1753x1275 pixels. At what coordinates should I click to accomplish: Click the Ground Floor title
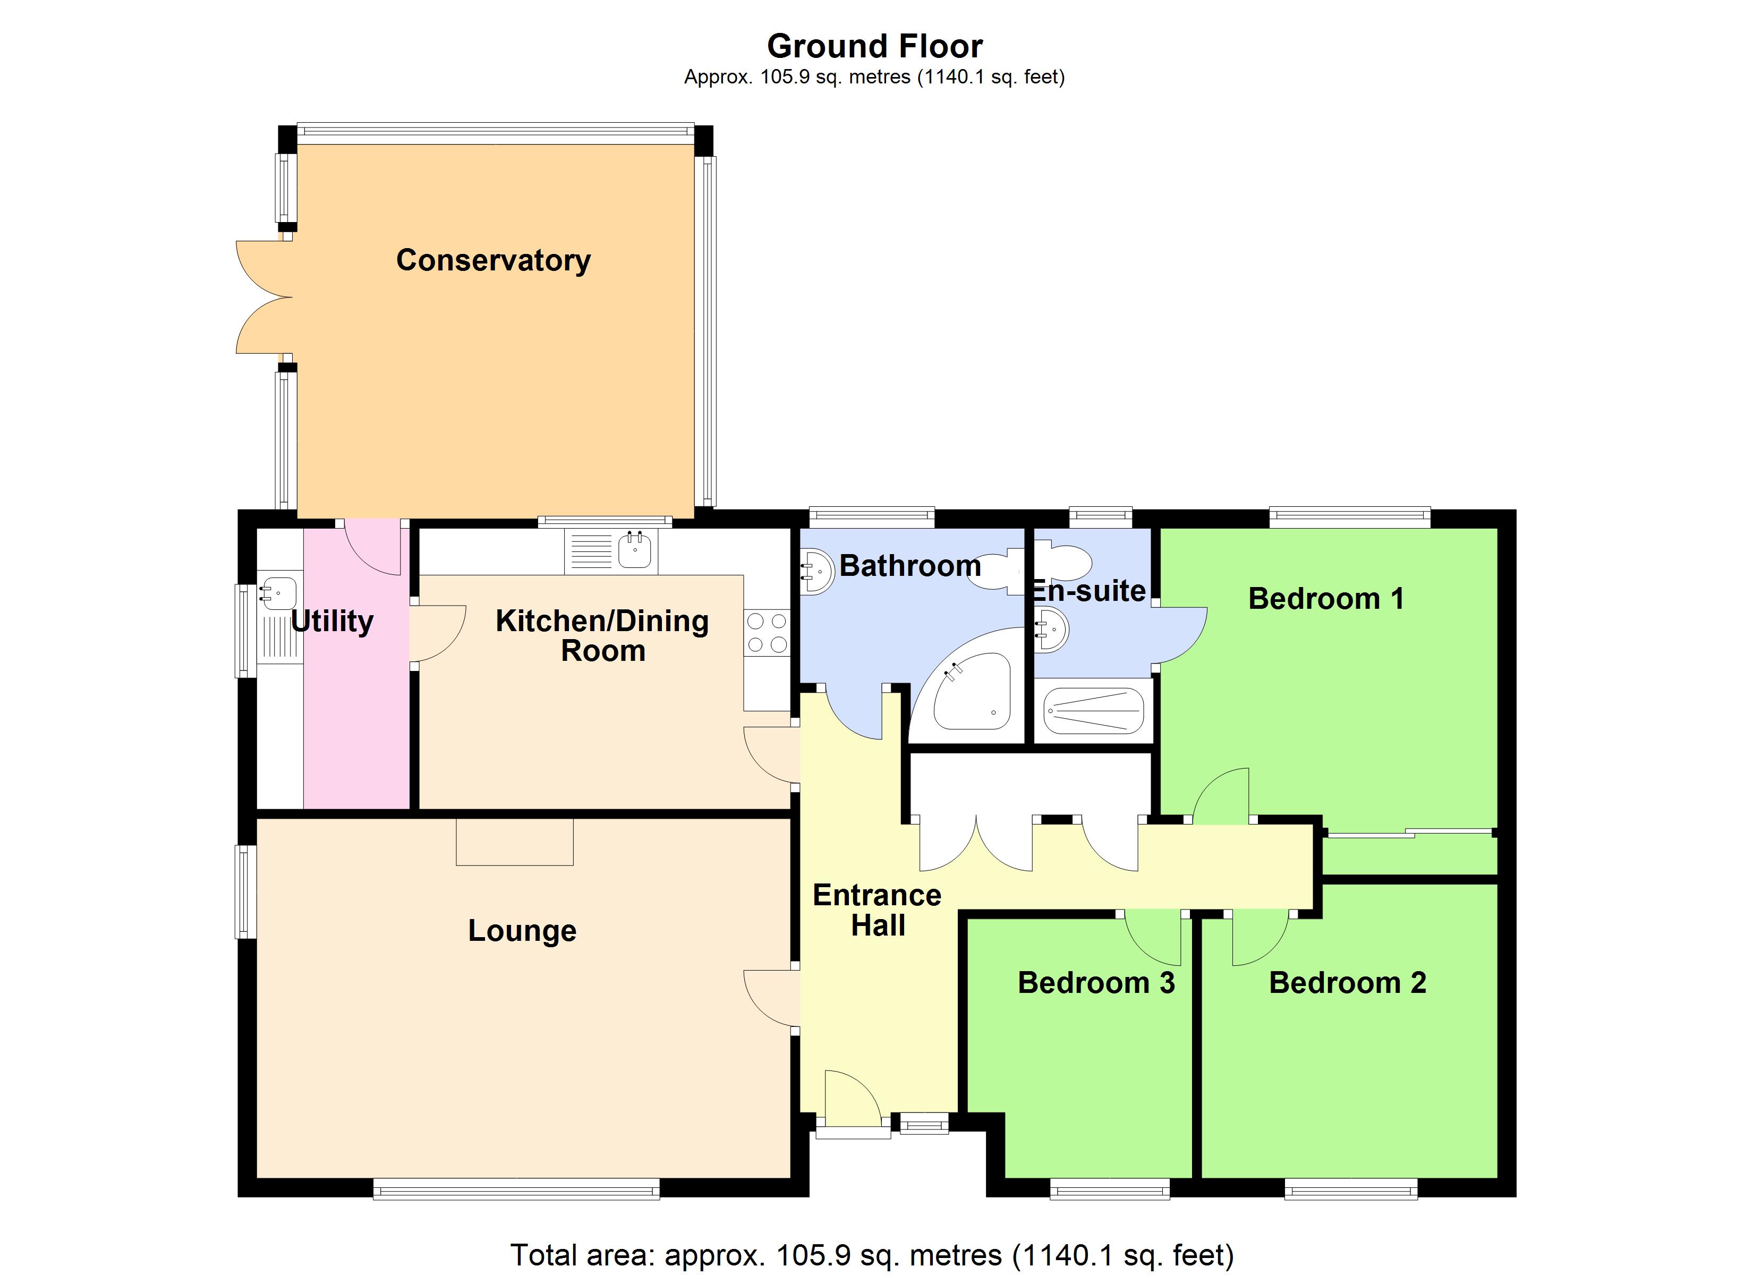coord(874,46)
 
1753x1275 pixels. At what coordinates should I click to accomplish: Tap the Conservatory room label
coord(493,260)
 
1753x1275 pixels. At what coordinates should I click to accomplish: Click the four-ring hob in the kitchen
coord(767,633)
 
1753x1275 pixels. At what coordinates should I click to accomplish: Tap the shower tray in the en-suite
coord(1093,711)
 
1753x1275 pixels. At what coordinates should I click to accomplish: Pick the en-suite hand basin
coord(1051,630)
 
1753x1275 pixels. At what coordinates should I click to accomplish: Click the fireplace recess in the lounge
coord(514,842)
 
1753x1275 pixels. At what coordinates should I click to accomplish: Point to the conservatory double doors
coord(263,297)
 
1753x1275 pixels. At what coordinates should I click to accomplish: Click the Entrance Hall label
coord(877,910)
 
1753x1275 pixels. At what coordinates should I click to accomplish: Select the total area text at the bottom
coord(871,1255)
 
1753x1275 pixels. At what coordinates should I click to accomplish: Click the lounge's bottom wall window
coord(516,1188)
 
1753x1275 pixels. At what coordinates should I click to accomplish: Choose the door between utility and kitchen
coord(437,633)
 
